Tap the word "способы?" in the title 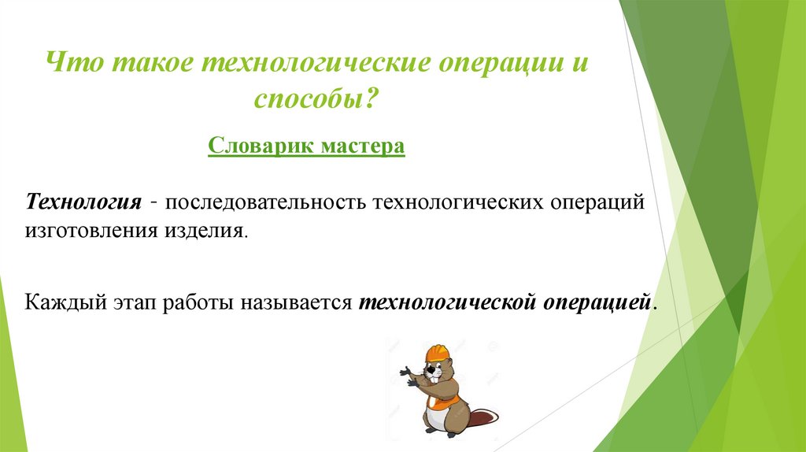[316, 99]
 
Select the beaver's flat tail [482, 415]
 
